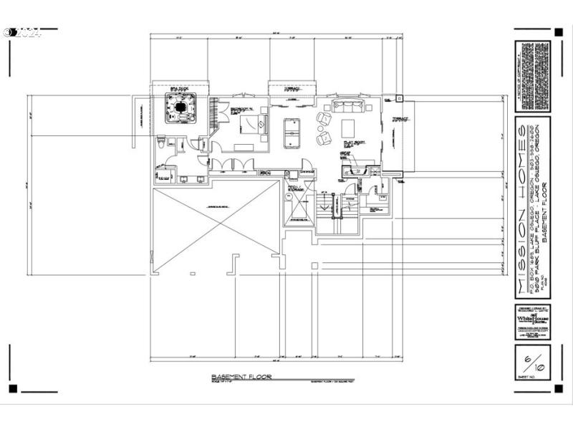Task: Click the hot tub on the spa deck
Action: point(179,109)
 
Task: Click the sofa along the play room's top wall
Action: point(349,108)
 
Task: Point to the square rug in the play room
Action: point(348,128)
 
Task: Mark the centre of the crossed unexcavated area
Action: point(217,226)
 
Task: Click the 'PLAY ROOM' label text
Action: point(350,144)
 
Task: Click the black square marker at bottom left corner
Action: point(12,388)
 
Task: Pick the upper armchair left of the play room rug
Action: point(324,118)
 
